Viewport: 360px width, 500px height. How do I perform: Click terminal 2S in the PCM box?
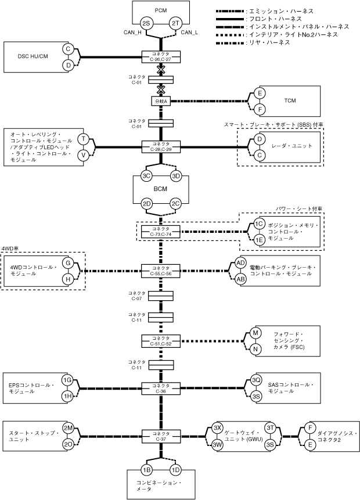146,23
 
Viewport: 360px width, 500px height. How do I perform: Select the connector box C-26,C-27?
161,56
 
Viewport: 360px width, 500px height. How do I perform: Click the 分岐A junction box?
161,100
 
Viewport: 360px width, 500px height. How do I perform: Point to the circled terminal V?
84,154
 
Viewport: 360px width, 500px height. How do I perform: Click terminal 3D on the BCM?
176,176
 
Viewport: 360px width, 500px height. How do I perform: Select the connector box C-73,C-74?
161,231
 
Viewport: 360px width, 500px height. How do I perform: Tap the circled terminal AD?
241,263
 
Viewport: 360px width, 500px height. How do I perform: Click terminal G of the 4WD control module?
68,263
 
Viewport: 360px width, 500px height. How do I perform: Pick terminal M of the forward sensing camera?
255,333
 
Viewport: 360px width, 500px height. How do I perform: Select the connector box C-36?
161,388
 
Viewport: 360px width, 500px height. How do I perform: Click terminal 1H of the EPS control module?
67,396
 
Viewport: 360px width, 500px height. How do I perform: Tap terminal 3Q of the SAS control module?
256,380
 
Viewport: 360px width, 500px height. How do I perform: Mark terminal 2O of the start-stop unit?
67,444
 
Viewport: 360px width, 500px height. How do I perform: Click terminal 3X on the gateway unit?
218,427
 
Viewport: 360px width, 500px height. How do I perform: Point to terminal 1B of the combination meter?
146,469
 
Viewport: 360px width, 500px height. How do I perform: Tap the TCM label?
290,100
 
